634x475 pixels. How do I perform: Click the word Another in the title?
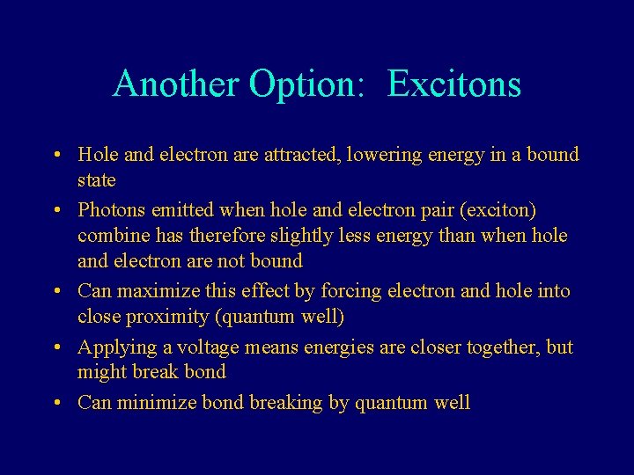(175, 84)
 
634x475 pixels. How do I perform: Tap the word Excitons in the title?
(453, 84)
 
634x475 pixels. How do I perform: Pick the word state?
(96, 180)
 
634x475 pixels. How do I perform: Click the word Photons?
(110, 210)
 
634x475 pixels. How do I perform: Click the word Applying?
(112, 347)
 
